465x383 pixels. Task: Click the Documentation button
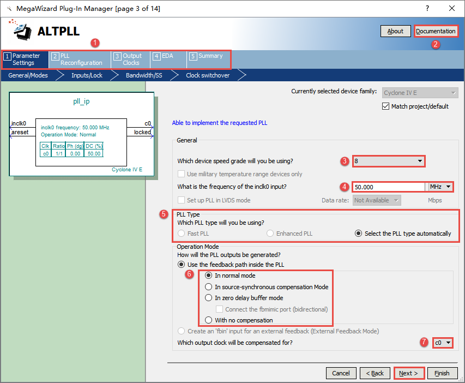click(x=436, y=31)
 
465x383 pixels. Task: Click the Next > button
click(x=409, y=373)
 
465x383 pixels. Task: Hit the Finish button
click(x=442, y=373)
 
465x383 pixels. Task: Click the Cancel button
click(x=341, y=373)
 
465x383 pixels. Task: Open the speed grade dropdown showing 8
click(x=389, y=161)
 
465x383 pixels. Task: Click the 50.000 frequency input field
click(x=389, y=187)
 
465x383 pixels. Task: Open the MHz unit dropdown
click(x=440, y=187)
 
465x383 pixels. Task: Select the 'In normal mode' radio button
click(x=209, y=276)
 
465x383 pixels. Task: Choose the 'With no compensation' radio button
click(x=209, y=320)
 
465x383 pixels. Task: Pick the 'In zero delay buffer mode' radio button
click(x=209, y=298)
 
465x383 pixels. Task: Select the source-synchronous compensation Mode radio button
click(x=209, y=287)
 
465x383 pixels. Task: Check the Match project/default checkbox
click(x=385, y=106)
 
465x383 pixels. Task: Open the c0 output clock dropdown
click(x=443, y=343)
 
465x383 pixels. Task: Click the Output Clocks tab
click(x=130, y=59)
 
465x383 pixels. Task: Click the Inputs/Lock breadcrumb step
click(x=87, y=75)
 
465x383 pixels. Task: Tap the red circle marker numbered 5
click(x=164, y=214)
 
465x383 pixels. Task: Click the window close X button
click(x=452, y=8)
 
